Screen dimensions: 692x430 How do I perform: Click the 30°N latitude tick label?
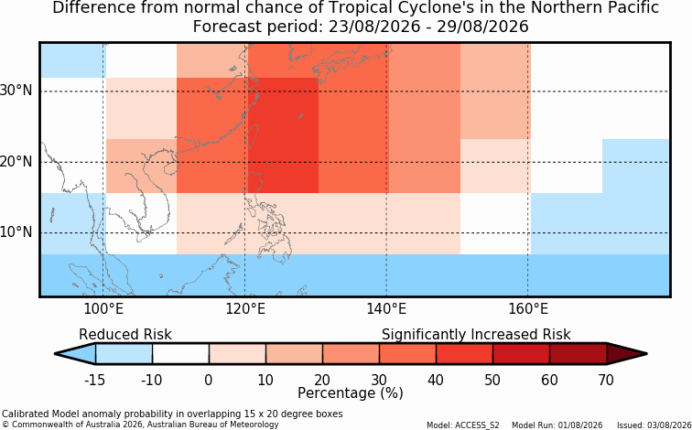(x=16, y=91)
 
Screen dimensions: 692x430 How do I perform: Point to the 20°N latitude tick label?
(x=16, y=162)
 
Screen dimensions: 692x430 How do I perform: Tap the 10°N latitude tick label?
(x=16, y=232)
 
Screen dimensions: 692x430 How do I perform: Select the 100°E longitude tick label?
(x=103, y=309)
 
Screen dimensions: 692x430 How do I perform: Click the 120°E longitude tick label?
(x=245, y=309)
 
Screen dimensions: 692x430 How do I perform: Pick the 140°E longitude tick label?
(x=386, y=309)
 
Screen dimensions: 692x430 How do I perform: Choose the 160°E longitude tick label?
(x=528, y=309)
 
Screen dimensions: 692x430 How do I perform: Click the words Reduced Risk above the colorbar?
(x=125, y=334)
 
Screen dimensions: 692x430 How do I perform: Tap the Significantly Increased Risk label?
(x=476, y=334)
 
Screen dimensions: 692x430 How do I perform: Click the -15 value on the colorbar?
(x=94, y=380)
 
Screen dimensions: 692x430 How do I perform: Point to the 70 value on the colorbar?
(x=606, y=380)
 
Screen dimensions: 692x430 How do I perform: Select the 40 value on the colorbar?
(x=436, y=380)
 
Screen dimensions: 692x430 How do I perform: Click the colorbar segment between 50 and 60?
(x=521, y=354)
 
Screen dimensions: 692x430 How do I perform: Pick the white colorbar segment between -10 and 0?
(x=180, y=354)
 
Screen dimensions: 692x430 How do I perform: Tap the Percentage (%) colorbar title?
(x=351, y=392)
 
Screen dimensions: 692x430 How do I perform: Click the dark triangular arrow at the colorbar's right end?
(x=627, y=354)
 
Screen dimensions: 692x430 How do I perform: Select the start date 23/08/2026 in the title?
(x=374, y=27)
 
